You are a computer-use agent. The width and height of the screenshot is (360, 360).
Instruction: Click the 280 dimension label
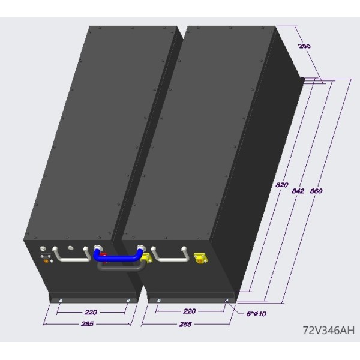(304, 46)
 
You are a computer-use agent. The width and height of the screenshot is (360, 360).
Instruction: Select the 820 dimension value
(282, 185)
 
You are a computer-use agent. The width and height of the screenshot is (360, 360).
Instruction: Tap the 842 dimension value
(298, 191)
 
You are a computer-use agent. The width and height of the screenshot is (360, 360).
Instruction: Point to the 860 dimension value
(316, 191)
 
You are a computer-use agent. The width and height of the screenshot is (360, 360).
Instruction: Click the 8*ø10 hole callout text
(256, 314)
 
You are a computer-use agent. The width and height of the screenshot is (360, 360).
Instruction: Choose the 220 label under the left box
(91, 312)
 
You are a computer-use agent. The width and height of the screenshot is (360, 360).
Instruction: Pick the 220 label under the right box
(190, 311)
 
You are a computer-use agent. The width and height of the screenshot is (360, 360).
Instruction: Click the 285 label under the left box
(87, 324)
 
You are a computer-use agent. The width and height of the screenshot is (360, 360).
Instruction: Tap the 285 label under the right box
(185, 324)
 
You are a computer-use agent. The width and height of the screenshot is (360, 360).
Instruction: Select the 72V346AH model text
(329, 331)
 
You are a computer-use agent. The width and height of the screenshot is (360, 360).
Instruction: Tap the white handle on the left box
(71, 259)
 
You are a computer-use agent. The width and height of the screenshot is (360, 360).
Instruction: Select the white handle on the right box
(170, 259)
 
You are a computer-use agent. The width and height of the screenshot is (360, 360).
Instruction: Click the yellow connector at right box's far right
(200, 258)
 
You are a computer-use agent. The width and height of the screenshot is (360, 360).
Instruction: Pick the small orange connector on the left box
(46, 261)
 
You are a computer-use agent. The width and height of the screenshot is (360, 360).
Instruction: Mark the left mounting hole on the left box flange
(61, 301)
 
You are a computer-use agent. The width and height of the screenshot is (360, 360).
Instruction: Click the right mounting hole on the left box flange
(128, 301)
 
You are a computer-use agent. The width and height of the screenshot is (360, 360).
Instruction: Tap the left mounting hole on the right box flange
(159, 301)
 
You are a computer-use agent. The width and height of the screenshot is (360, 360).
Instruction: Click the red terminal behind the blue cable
(104, 255)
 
